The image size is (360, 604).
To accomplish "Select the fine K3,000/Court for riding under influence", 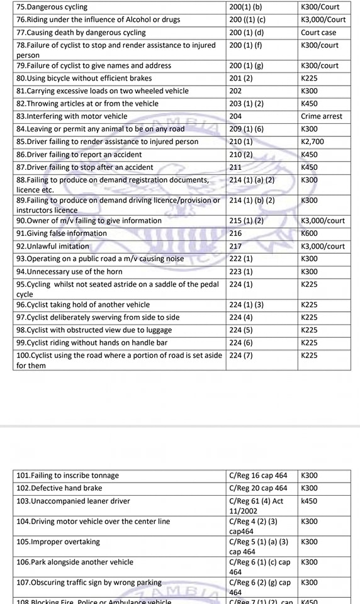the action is click(323, 20).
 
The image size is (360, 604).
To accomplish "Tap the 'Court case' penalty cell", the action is click(318, 32).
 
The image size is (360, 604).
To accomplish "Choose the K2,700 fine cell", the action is click(313, 142).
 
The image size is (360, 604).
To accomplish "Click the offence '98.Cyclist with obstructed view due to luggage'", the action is click(94, 330).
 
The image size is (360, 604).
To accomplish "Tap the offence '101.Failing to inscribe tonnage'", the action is click(67, 476).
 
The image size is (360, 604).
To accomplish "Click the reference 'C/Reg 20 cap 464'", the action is click(258, 488).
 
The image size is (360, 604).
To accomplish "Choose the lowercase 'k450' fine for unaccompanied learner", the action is click(310, 501).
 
